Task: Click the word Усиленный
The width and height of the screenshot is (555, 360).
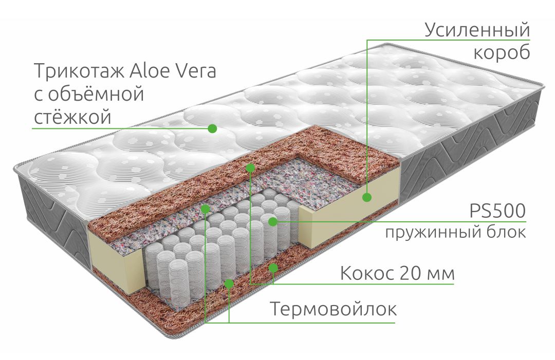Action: pos(477,30)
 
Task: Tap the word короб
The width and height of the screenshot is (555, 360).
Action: pos(502,53)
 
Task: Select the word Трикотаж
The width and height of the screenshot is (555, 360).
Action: pos(79,71)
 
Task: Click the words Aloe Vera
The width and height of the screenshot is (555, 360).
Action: pos(172,71)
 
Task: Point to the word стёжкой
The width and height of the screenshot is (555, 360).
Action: pos(72,117)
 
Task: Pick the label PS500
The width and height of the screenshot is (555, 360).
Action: pos(497,211)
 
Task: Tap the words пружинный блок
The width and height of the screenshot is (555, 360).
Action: pos(455,233)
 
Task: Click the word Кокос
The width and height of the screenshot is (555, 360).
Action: pos(367,273)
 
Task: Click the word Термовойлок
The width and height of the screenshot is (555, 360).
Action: pos(334,309)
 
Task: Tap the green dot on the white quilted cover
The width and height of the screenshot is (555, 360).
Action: pos(212,128)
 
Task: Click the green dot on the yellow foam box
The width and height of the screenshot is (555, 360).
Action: pos(367,197)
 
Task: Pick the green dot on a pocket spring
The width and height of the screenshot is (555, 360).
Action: pos(272,222)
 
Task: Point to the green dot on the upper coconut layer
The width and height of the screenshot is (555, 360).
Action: pos(250,167)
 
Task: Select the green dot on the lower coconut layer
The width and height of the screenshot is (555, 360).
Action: pos(273,268)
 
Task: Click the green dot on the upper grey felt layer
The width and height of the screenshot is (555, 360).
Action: pos(205,209)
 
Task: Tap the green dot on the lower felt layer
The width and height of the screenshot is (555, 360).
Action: pos(229,283)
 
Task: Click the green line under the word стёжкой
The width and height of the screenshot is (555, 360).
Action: pos(122,128)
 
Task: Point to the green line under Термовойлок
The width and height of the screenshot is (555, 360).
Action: pos(300,323)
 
